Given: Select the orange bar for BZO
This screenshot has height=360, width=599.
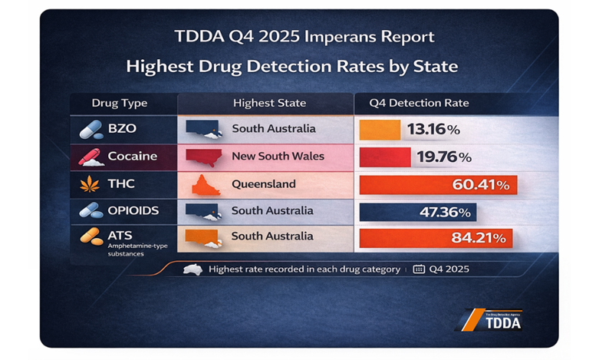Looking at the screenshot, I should pyautogui.click(x=380, y=129).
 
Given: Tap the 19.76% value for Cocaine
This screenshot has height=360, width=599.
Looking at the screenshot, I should pyautogui.click(x=443, y=157).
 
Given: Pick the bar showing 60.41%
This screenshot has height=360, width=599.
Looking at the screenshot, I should pyautogui.click(x=438, y=185).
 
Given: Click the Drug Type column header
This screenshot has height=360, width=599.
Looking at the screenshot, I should pyautogui.click(x=120, y=103).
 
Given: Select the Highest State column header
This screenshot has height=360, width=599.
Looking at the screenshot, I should pyautogui.click(x=269, y=103).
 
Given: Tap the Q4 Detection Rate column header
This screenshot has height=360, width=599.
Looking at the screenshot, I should pyautogui.click(x=419, y=103).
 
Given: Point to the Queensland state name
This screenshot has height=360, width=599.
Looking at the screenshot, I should pyautogui.click(x=263, y=184).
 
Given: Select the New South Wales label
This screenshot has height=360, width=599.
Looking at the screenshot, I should pyautogui.click(x=278, y=157).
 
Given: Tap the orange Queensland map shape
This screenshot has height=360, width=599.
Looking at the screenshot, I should pyautogui.click(x=202, y=185).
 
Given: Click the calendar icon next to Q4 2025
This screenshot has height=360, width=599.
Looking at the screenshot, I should pyautogui.click(x=419, y=269).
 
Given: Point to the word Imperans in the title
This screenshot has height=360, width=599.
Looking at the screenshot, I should pyautogui.click(x=346, y=37).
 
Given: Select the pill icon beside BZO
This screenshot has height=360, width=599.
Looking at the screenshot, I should pyautogui.click(x=91, y=129).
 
